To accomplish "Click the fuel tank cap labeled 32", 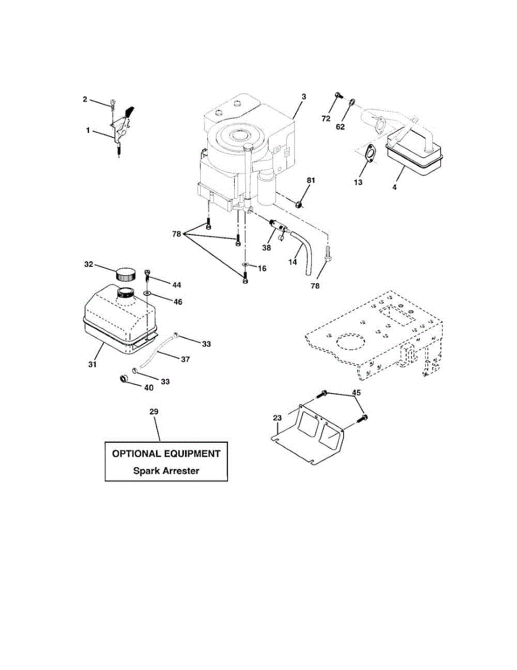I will coord(126,275).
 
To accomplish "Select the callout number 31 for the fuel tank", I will coord(93,364).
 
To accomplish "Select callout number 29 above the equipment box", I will coord(154,411).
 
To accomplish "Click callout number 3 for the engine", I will coord(303,97).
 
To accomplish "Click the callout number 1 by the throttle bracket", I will coord(88,130).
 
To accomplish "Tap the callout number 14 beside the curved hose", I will coord(292,261).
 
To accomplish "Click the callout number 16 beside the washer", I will coord(262,269).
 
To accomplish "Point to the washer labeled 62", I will coord(353,103).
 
